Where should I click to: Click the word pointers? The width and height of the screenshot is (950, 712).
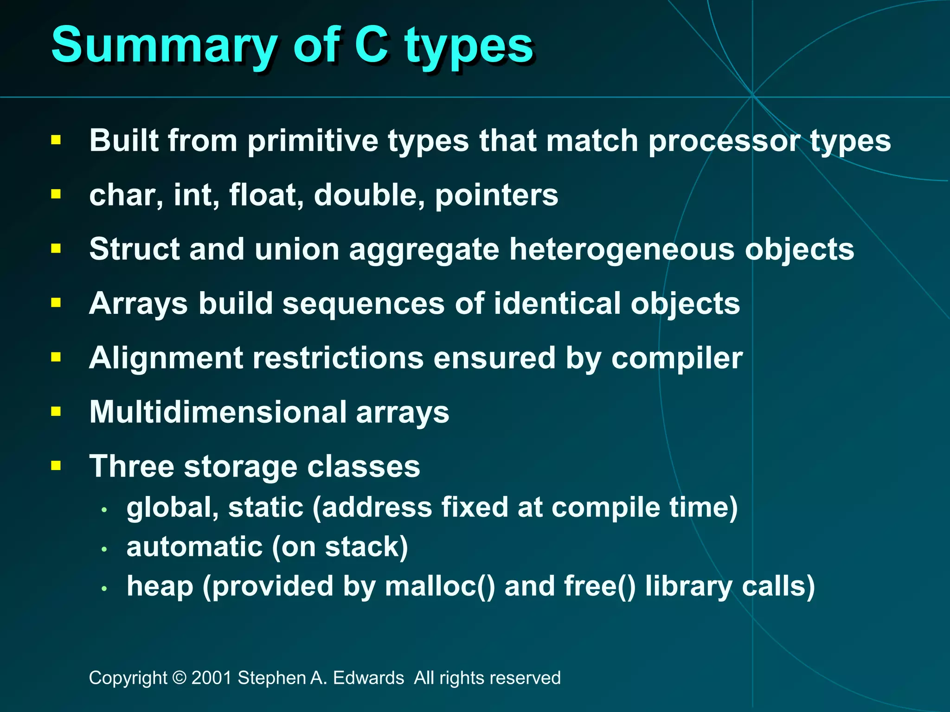[x=496, y=195]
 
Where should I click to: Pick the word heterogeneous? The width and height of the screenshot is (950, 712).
[x=622, y=249]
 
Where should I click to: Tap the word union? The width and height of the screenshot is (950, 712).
[x=297, y=249]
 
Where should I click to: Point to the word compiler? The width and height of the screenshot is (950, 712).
[x=677, y=358]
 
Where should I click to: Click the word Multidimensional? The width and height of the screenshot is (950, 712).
[x=218, y=412]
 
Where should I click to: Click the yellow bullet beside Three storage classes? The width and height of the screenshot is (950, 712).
[x=56, y=465]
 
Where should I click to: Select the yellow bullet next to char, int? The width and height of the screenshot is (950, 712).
[x=56, y=194]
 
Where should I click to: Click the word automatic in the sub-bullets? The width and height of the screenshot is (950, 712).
[x=194, y=547]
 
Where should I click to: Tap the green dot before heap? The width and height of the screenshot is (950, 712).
[x=104, y=589]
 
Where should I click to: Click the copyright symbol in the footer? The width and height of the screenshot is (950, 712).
[x=179, y=678]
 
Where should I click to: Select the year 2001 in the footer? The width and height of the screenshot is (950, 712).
[x=212, y=678]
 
